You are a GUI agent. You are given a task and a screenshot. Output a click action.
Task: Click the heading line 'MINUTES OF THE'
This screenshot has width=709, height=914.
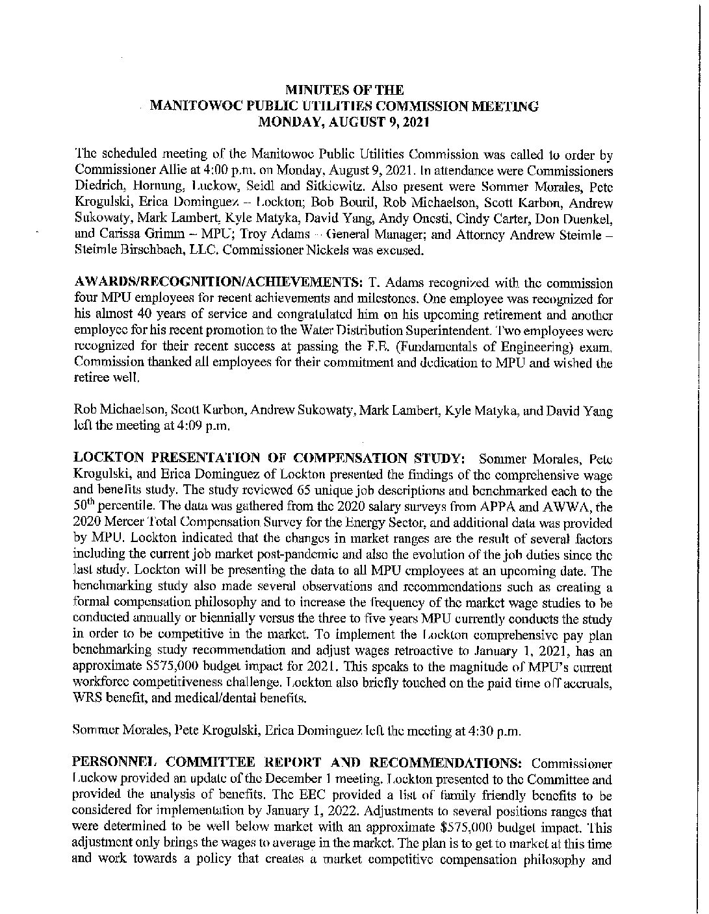345,90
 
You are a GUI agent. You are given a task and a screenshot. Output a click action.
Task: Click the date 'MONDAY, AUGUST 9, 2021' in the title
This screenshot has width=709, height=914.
344,121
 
